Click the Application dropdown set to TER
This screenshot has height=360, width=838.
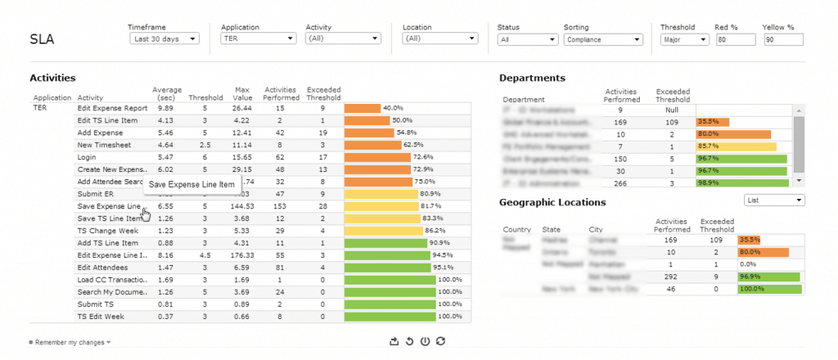[x=258, y=38]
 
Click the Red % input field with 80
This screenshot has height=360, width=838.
[x=734, y=38]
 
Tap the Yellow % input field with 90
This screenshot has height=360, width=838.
[x=782, y=38]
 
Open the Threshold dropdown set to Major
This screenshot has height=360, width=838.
[x=684, y=38]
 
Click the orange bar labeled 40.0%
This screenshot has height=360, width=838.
[x=363, y=108]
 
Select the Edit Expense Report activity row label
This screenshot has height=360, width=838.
[x=112, y=108]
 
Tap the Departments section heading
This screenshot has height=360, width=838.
[x=532, y=78]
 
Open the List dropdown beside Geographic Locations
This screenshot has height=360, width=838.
[x=774, y=200]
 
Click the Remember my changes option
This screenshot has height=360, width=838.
[x=70, y=342]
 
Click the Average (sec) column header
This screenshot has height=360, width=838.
[x=166, y=93]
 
